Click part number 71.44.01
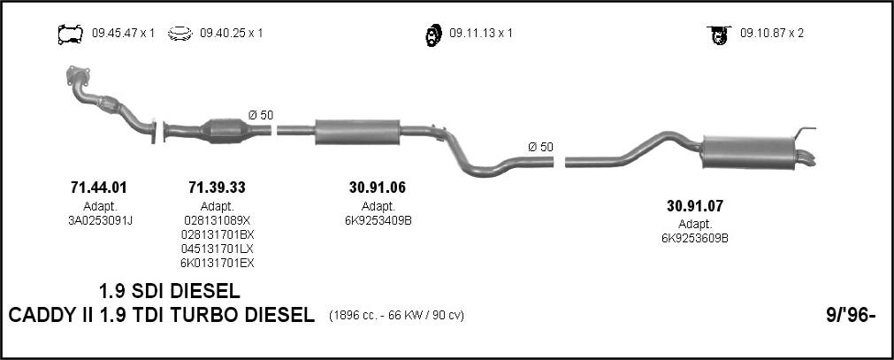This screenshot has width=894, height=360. (x=99, y=188)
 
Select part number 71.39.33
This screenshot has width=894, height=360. (x=217, y=188)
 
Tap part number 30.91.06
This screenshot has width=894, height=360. (x=378, y=188)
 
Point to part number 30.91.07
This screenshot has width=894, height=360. (x=694, y=206)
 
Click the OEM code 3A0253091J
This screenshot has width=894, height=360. (x=100, y=221)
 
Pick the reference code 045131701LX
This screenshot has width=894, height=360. (x=218, y=249)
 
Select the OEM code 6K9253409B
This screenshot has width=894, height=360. (x=378, y=221)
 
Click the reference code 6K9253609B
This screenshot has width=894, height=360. (x=694, y=239)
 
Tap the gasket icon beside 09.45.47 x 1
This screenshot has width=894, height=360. (x=70, y=34)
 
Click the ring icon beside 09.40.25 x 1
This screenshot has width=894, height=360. (x=180, y=34)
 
